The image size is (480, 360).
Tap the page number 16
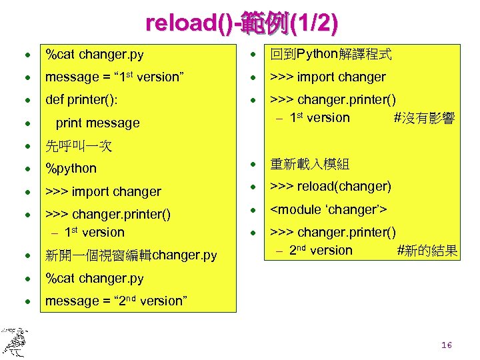(447, 345)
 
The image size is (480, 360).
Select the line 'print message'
(98, 123)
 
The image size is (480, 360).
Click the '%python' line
(71, 169)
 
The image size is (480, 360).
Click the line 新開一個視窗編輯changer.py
(131, 255)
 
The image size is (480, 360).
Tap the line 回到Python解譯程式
(331, 54)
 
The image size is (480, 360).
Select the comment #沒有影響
(425, 119)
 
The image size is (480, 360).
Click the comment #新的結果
(427, 251)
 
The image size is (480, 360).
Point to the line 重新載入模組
(309, 163)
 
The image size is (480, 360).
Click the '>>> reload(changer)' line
(331, 187)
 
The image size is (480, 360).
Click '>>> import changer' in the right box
(328, 77)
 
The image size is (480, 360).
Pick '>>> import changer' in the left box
(103, 191)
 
